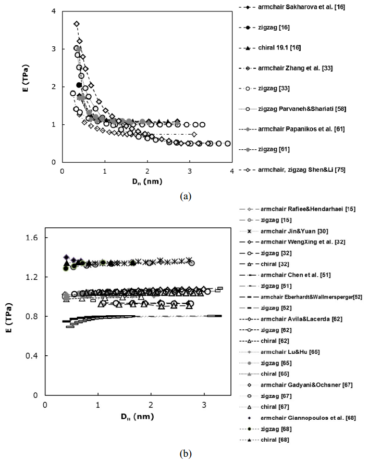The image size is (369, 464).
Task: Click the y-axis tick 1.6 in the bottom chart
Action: [x=34, y=238]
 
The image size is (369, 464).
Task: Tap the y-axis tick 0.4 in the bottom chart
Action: [x=34, y=355]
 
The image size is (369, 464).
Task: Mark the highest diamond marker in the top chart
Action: [x=77, y=24]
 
